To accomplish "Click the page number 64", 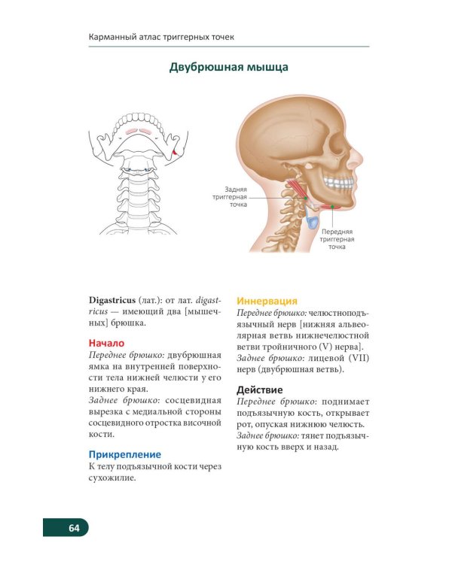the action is pyautogui.click(x=74, y=528).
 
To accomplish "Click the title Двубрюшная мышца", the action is pyautogui.click(x=228, y=67).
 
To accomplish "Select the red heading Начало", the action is pyautogui.click(x=106, y=343).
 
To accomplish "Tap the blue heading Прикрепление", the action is pyautogui.click(x=125, y=455).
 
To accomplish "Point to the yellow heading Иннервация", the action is pyautogui.click(x=267, y=301).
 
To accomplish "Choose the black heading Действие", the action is pyautogui.click(x=259, y=390).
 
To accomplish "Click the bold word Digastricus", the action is pyautogui.click(x=112, y=300).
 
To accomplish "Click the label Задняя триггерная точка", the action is pyautogui.click(x=230, y=197).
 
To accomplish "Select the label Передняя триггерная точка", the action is pyautogui.click(x=337, y=239).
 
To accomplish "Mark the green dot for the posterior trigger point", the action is pyautogui.click(x=306, y=199).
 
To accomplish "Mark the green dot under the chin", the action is pyautogui.click(x=333, y=207).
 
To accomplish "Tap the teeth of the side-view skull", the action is pyautogui.click(x=338, y=183).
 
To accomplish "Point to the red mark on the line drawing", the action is pyautogui.click(x=175, y=153).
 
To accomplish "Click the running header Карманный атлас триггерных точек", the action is pyautogui.click(x=161, y=37).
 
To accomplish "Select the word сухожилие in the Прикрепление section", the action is pyautogui.click(x=112, y=478).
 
